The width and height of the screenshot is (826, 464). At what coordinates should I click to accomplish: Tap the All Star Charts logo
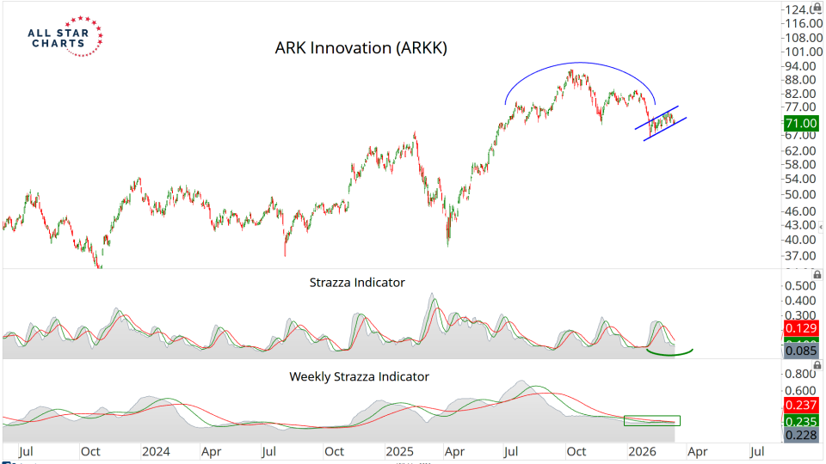(65, 35)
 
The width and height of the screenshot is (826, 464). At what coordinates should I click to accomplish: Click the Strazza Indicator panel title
(356, 282)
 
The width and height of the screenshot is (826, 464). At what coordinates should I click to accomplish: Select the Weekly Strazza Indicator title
(359, 376)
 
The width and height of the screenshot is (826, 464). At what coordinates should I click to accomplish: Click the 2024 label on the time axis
(156, 450)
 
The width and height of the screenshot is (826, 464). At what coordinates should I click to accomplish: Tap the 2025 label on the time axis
(399, 450)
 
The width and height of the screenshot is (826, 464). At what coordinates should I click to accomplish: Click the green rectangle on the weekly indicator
(651, 421)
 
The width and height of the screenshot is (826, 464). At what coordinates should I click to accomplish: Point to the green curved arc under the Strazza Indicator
(670, 351)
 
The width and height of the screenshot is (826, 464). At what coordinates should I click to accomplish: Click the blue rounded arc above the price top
(581, 64)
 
